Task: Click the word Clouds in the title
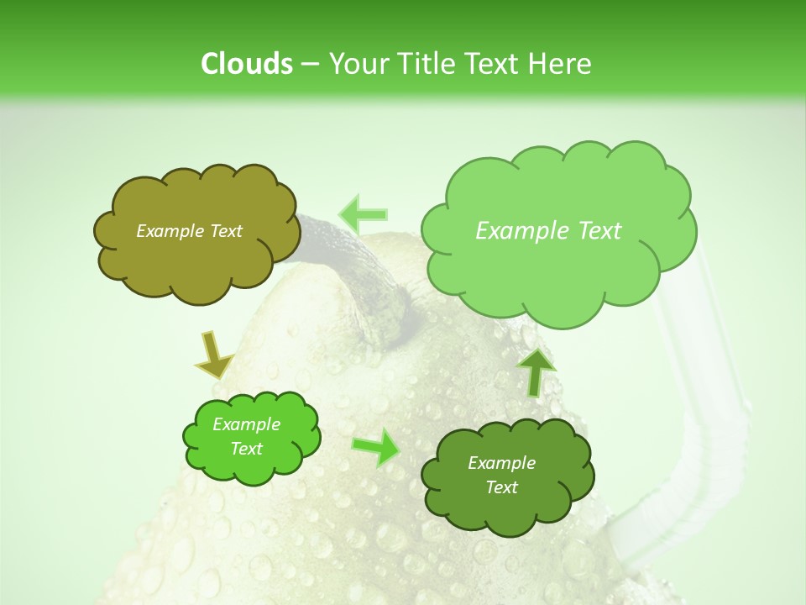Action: pyautogui.click(x=247, y=64)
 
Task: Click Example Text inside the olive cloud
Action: pyautogui.click(x=189, y=231)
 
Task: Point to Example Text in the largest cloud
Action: pyautogui.click(x=548, y=231)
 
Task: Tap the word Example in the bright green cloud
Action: pyautogui.click(x=247, y=424)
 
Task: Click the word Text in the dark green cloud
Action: pyautogui.click(x=501, y=487)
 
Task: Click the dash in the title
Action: pyautogui.click(x=309, y=65)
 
